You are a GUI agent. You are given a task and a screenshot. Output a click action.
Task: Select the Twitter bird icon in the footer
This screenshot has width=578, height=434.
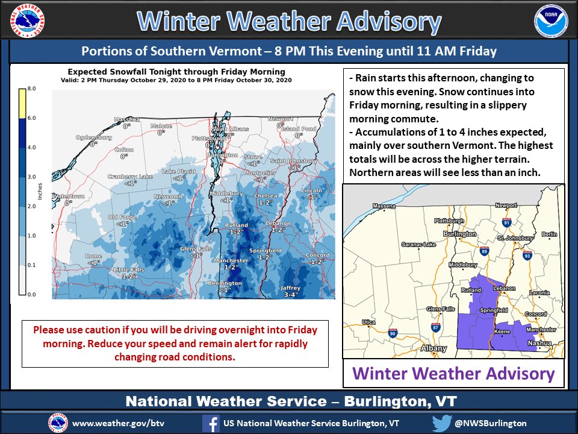click(441, 423)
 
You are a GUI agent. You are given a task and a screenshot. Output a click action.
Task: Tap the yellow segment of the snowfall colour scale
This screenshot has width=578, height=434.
click(22, 103)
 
